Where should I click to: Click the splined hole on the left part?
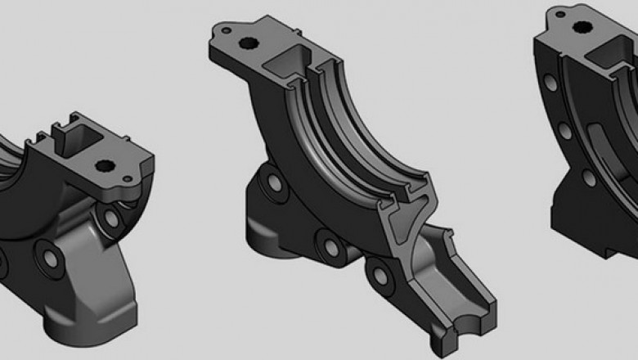pos(105,166)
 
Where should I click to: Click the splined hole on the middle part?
pos(249,43)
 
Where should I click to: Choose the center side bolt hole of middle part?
pos(328,243)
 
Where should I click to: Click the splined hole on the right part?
pos(585,26)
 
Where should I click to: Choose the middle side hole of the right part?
pos(564,131)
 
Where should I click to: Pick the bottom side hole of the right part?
pos(589,177)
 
